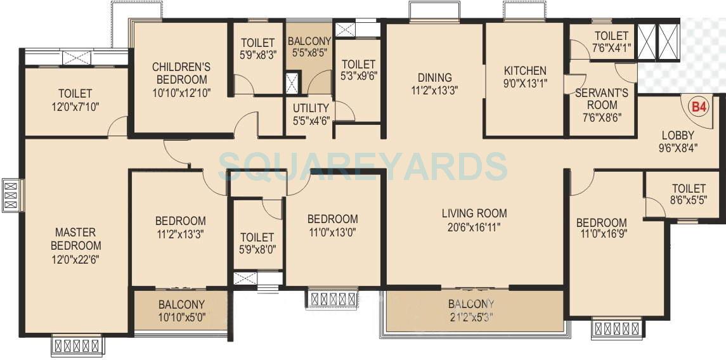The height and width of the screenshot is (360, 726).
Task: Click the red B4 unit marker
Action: click(x=698, y=107)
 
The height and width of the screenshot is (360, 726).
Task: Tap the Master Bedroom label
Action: click(x=76, y=239)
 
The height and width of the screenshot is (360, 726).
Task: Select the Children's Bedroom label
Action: click(x=181, y=73)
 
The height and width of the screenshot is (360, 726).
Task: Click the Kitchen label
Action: click(x=524, y=70)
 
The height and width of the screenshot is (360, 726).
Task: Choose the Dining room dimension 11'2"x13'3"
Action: click(x=434, y=90)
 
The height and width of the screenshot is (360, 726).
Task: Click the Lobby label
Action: click(x=678, y=135)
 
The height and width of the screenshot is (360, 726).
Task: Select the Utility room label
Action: click(x=311, y=108)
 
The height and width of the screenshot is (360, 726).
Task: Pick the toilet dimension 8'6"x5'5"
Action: click(x=689, y=201)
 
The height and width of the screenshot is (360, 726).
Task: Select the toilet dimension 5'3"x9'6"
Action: click(x=358, y=77)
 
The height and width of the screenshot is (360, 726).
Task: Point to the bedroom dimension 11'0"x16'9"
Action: click(x=601, y=236)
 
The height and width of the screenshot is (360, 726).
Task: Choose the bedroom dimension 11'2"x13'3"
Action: click(x=181, y=233)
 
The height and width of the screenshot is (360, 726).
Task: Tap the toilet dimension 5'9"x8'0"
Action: click(x=257, y=250)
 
